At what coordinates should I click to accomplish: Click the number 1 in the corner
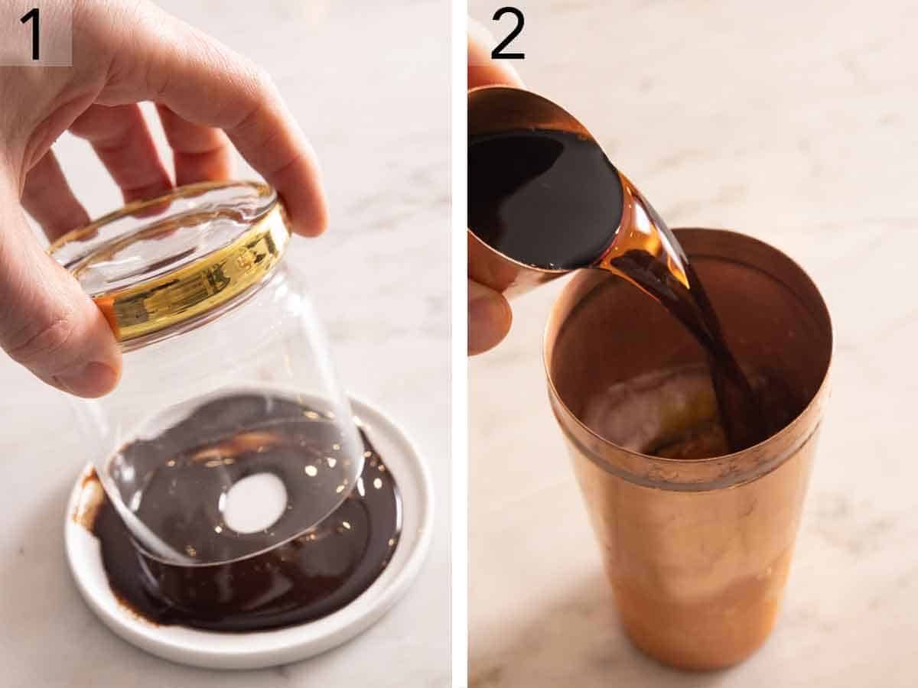pyautogui.click(x=32, y=33)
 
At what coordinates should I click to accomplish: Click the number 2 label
pyautogui.click(x=508, y=34)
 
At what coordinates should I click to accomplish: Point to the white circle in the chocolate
pyautogui.click(x=255, y=502)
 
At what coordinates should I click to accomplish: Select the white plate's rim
pyautogui.click(x=252, y=650)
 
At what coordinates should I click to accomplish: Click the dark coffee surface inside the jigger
pyautogui.click(x=543, y=199)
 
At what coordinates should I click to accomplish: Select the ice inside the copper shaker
pyautogui.click(x=650, y=413)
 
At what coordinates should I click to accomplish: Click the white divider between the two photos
pyautogui.click(x=459, y=344)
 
